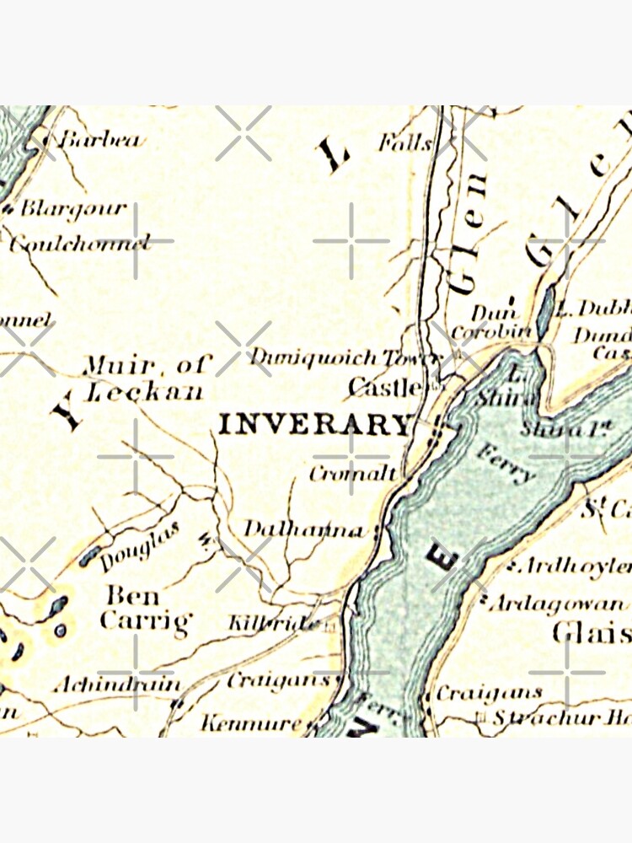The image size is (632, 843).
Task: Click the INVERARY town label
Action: (314, 423)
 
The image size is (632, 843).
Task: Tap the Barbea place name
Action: (103, 140)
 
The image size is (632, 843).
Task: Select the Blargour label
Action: (73, 207)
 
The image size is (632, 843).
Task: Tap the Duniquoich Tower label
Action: (345, 357)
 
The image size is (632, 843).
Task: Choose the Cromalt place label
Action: (351, 474)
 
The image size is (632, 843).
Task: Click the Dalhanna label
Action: (304, 529)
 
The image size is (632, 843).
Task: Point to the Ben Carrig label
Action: (145, 609)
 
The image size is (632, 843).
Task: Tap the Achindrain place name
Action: (116, 685)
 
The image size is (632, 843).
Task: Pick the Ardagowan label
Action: (559, 603)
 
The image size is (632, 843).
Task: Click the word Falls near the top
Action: (405, 142)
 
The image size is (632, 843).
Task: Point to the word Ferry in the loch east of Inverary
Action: (506, 462)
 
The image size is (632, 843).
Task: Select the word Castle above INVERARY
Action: (384, 388)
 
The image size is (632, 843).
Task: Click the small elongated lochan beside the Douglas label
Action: (90, 555)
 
